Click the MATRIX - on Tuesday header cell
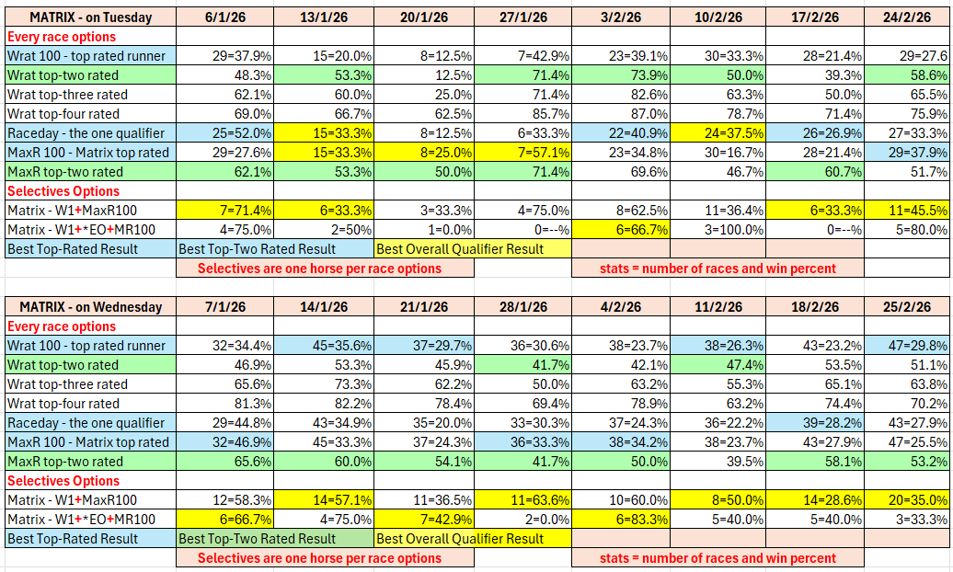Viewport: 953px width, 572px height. (90, 17)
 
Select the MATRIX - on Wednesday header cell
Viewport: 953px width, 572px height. (90, 307)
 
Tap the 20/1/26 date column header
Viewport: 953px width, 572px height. (424, 17)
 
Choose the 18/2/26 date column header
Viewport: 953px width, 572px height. (815, 307)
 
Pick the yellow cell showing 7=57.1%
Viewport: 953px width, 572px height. (523, 153)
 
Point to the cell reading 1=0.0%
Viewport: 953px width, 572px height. (424, 230)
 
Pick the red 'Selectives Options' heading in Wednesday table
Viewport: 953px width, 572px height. (63, 481)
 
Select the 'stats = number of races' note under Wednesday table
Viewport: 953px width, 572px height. (718, 558)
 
